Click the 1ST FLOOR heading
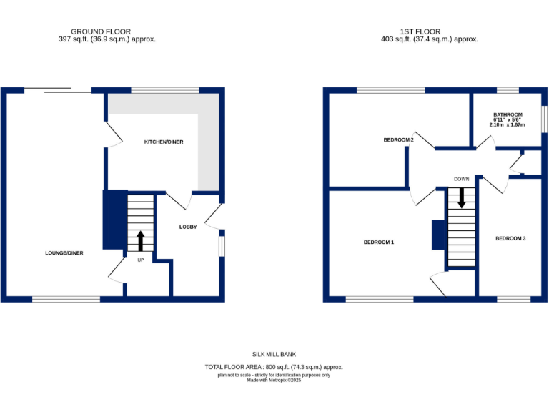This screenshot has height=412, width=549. pyautogui.click(x=430, y=31)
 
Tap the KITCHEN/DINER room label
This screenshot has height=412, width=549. pyautogui.click(x=164, y=142)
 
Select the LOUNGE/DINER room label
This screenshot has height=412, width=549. pyautogui.click(x=64, y=252)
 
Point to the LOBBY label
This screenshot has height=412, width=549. pyautogui.click(x=187, y=227)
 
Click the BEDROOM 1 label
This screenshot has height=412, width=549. pyautogui.click(x=379, y=242)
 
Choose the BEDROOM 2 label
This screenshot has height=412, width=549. pyautogui.click(x=399, y=140)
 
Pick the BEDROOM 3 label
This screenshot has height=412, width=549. pyautogui.click(x=510, y=238)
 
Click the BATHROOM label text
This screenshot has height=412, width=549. pyautogui.click(x=508, y=114)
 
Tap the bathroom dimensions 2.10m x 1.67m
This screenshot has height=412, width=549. pyautogui.click(x=508, y=125)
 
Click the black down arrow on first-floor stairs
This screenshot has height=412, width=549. pyautogui.click(x=462, y=197)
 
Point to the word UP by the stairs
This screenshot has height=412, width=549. pyautogui.click(x=140, y=260)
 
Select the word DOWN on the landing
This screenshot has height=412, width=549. pyautogui.click(x=461, y=179)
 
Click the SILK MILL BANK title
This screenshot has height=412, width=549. pyautogui.click(x=274, y=354)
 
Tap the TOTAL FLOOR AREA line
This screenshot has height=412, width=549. pyautogui.click(x=274, y=367)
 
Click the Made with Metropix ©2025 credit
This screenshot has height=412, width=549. pyautogui.click(x=274, y=380)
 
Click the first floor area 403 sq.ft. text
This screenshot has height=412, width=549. pyautogui.click(x=430, y=39)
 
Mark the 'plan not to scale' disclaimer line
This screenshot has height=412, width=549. pyautogui.click(x=274, y=374)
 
